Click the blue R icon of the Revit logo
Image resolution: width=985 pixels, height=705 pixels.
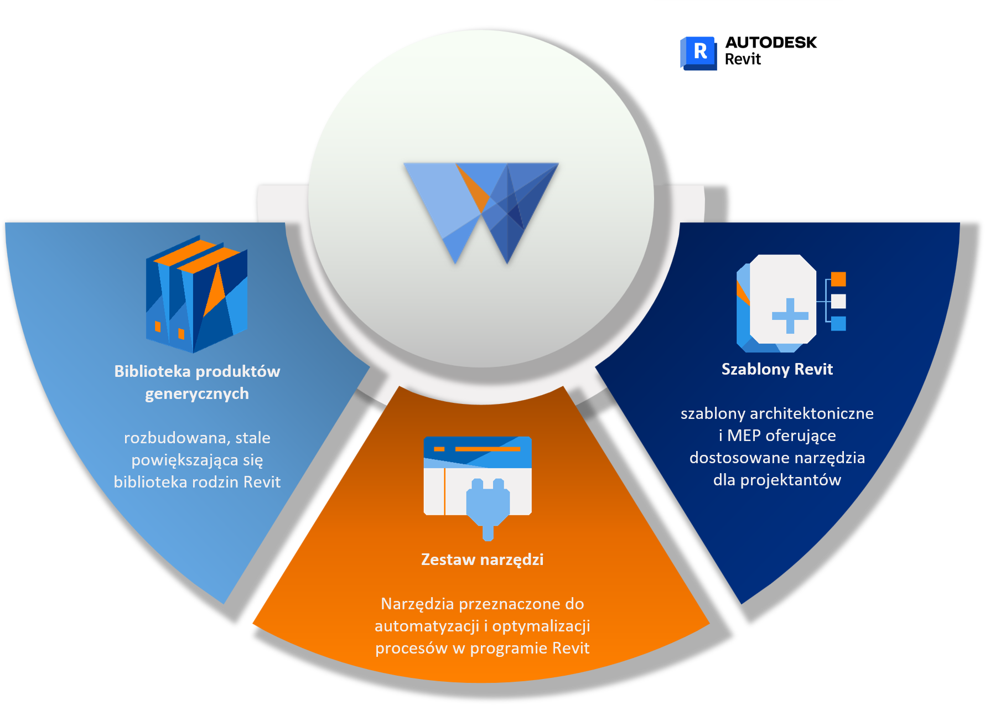698,53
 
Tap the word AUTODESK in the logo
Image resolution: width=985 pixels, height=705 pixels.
771,43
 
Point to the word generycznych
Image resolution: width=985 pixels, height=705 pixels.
197,394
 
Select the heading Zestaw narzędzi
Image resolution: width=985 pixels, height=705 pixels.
482,559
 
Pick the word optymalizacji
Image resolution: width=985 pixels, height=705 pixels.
541,626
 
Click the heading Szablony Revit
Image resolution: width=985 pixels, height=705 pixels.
777,369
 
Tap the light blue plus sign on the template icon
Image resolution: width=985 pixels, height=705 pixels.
790,315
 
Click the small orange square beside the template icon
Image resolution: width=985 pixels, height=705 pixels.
838,279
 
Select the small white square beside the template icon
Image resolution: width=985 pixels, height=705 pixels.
838,301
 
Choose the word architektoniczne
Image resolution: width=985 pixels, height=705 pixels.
811,413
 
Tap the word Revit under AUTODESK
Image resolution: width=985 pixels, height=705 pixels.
743,59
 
